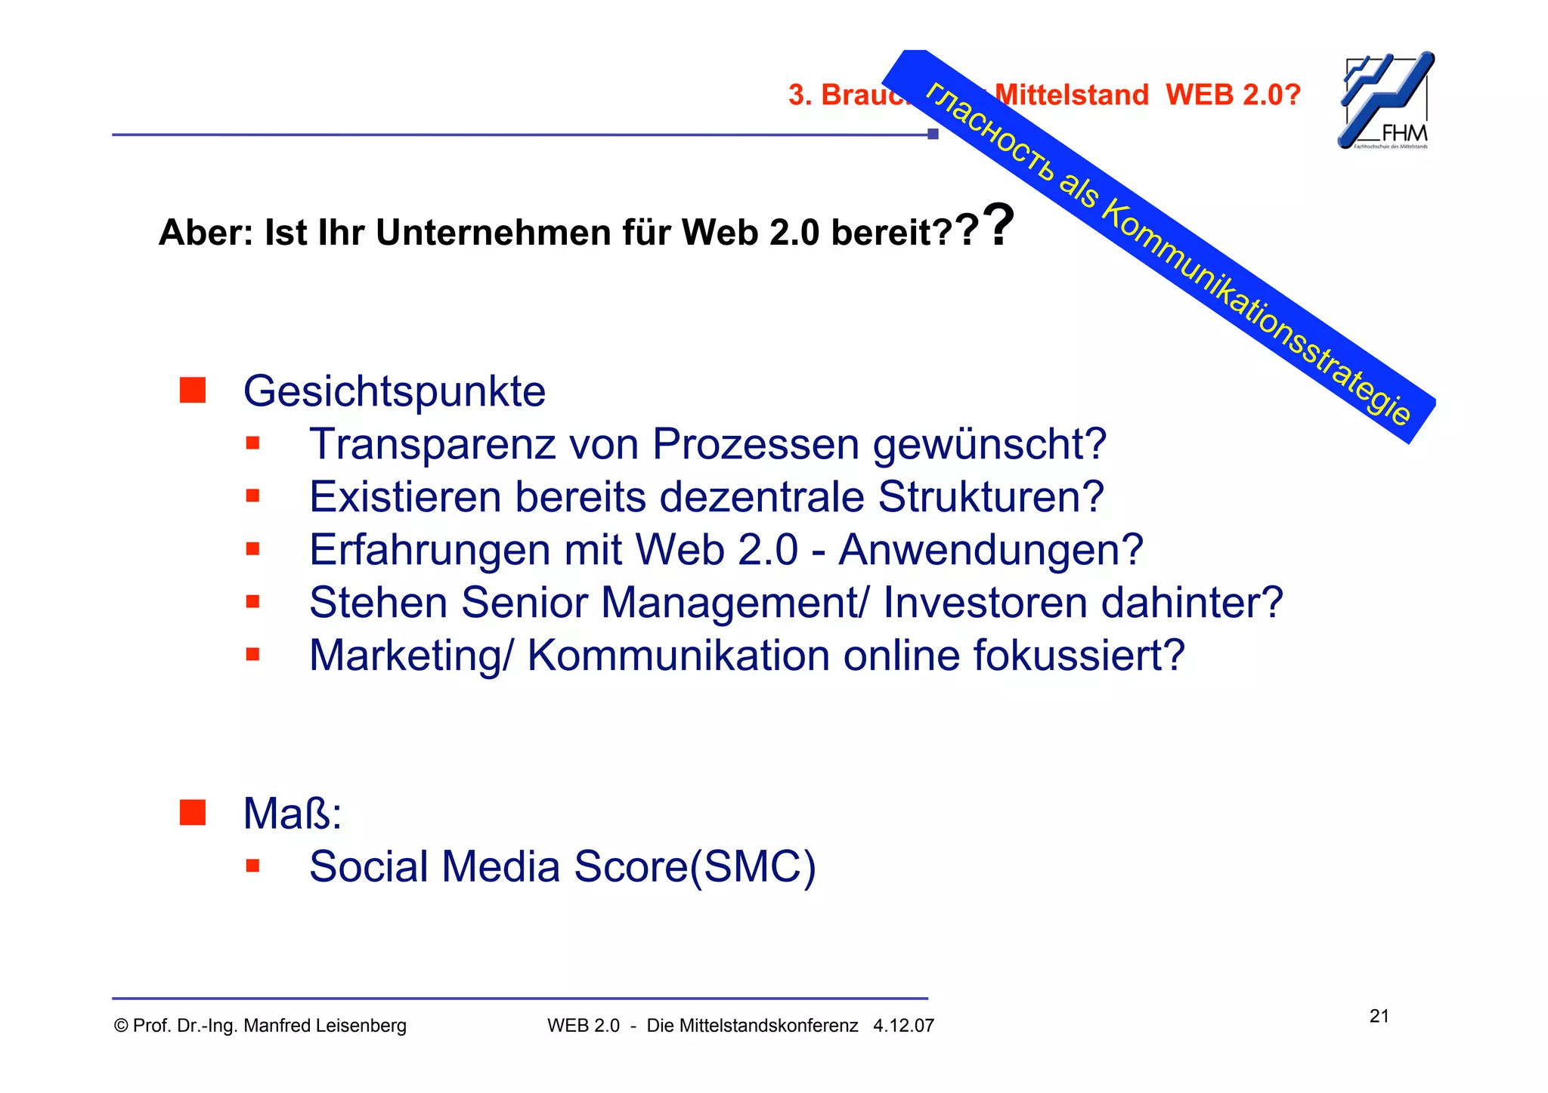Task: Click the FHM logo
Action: coord(1386,100)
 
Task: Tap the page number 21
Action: coord(1379,1016)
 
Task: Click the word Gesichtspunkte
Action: coord(394,391)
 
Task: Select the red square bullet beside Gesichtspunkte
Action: coord(193,390)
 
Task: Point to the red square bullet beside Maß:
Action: coord(193,813)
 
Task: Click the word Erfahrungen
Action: coord(429,550)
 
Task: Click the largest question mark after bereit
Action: coord(999,224)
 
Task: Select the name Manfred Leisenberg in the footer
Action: coord(324,1026)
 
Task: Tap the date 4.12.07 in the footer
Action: coord(903,1026)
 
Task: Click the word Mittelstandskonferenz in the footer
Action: coord(752,1026)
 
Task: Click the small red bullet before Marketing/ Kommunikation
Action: coord(252,654)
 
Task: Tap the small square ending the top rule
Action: coord(933,134)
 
